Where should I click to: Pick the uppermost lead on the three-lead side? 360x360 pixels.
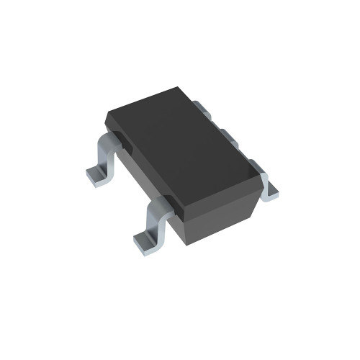pos(203,109)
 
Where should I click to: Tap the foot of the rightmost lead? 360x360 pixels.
pos(269,191)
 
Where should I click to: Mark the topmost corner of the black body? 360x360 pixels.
pos(179,88)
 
